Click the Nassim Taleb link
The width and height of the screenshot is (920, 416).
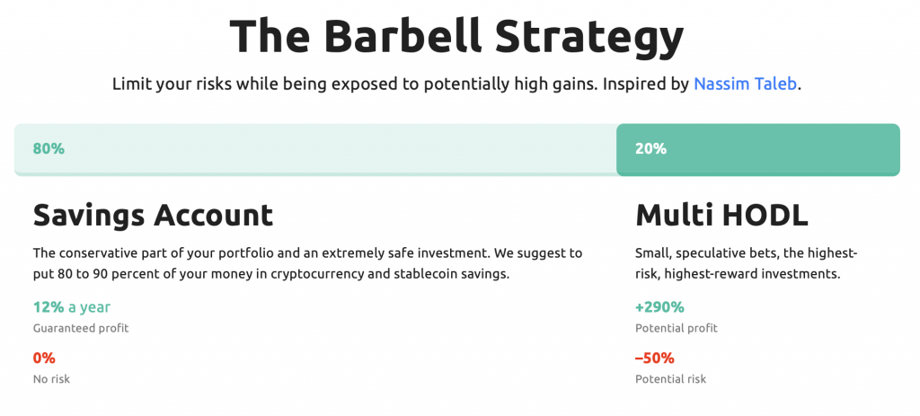745,84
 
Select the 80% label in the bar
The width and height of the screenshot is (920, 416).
49,149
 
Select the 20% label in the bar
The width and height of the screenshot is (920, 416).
650,149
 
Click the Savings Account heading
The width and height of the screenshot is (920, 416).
153,216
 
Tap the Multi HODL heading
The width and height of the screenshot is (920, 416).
721,216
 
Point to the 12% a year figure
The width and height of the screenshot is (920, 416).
72,307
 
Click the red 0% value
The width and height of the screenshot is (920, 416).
44,358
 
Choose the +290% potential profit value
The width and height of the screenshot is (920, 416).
659,307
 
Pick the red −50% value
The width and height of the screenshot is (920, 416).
655,358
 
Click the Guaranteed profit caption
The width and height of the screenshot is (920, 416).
81,328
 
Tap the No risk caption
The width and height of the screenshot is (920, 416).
51,379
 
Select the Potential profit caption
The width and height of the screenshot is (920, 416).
677,328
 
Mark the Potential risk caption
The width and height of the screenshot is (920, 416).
670,379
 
